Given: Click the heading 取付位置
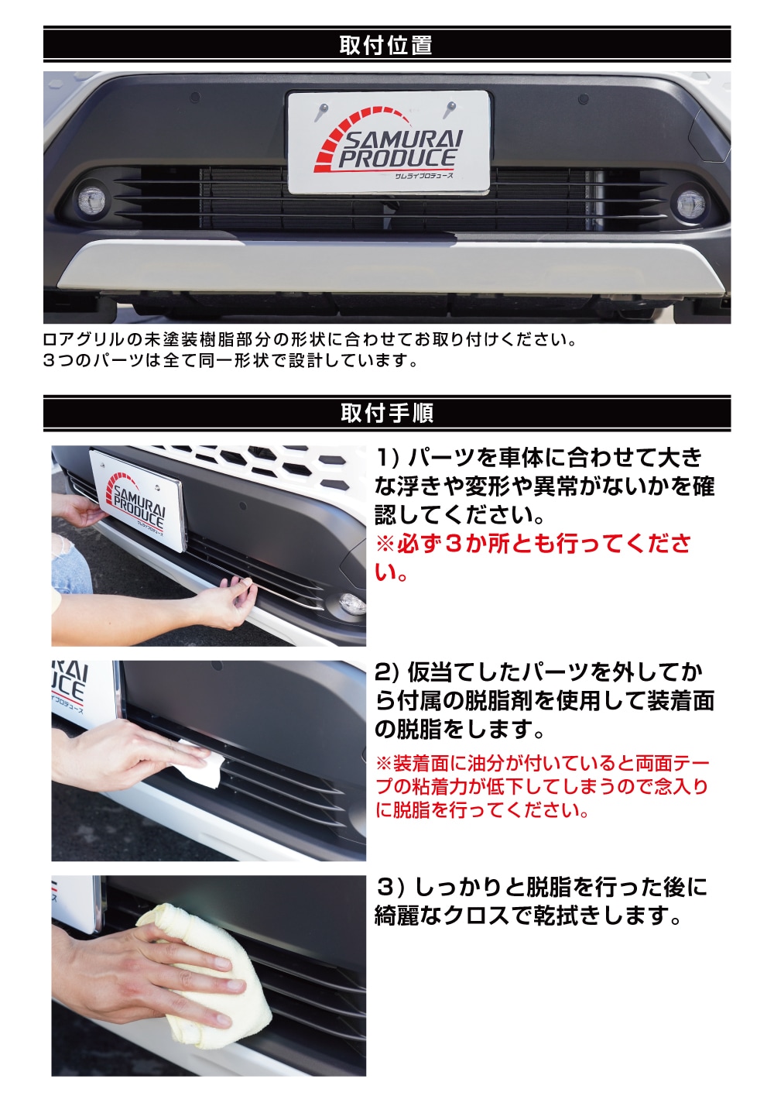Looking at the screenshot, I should (x=385, y=45).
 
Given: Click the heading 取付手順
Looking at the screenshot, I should (x=386, y=413).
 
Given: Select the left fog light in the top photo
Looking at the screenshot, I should (x=88, y=203).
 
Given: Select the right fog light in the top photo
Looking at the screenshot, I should (x=689, y=204).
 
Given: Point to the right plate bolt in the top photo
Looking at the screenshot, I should (x=451, y=109).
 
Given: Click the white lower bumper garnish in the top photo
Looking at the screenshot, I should (x=387, y=267).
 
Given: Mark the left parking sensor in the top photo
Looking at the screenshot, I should (x=194, y=99).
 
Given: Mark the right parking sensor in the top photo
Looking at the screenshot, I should (x=583, y=99).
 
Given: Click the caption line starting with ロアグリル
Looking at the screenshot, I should (x=310, y=339).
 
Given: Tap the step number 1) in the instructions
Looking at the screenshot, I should (x=387, y=458).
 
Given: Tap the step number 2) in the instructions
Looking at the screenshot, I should (x=387, y=672).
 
